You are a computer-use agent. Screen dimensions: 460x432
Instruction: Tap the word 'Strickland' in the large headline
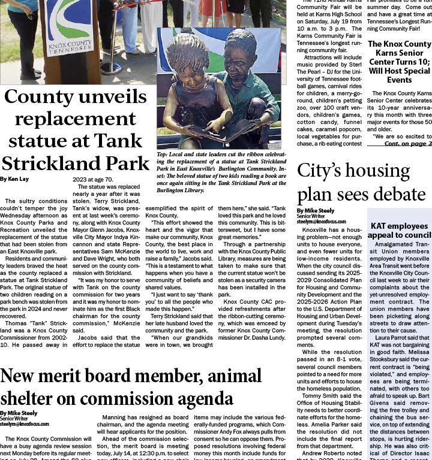point(76,164)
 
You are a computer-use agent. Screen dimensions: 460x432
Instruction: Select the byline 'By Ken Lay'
point(14,179)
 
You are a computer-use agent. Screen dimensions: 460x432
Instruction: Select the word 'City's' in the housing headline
point(322,171)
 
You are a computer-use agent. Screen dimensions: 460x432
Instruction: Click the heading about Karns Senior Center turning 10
point(399,62)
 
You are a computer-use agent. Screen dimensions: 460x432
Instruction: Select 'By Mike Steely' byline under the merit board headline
point(19,413)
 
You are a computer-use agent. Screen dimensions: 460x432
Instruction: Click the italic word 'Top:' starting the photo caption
point(164,155)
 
